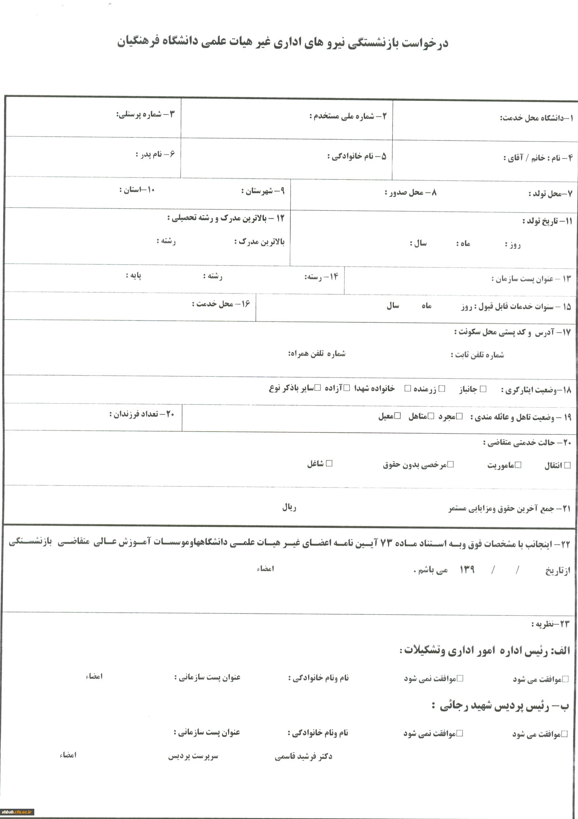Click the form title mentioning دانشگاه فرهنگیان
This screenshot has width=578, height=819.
click(282, 42)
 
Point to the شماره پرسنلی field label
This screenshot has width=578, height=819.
click(145, 115)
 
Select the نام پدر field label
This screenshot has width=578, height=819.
click(155, 154)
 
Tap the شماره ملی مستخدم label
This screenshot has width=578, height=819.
click(348, 116)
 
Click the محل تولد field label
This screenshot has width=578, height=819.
click(550, 194)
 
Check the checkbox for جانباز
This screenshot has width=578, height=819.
click(483, 389)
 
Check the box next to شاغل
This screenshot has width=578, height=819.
click(329, 463)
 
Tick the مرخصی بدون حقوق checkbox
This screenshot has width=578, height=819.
click(451, 464)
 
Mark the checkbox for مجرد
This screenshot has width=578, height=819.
click(460, 417)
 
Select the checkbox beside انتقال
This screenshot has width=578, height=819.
click(567, 465)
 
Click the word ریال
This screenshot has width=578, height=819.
click(289, 508)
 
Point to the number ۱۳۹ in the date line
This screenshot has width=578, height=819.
click(467, 569)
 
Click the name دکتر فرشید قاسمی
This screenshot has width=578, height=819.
click(303, 756)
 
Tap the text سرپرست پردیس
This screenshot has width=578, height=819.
click(193, 756)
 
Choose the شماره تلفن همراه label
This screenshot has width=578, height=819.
click(317, 354)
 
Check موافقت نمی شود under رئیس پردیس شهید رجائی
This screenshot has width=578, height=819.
click(459, 733)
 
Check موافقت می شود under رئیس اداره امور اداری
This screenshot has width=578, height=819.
click(565, 679)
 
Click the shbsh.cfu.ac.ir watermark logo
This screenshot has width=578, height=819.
click(18, 812)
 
